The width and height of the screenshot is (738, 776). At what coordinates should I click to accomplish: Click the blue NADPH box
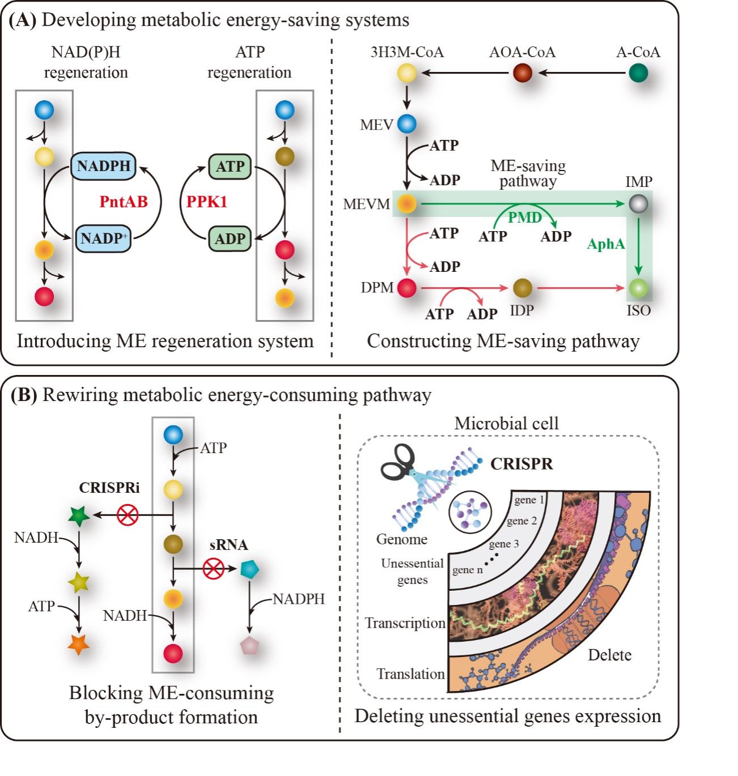coord(104,166)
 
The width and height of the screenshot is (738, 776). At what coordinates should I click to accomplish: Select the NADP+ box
coord(103,238)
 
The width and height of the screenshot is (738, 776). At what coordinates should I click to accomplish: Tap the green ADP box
coord(230,238)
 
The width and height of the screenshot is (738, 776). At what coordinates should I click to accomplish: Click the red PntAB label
coord(123,202)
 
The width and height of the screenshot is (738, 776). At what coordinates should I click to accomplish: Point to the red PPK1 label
coord(207,202)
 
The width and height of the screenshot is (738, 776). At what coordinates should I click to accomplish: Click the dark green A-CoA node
coord(638,73)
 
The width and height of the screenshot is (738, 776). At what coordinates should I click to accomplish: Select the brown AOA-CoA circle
coord(522,73)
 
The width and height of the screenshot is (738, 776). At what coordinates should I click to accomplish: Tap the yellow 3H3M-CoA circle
coord(406,73)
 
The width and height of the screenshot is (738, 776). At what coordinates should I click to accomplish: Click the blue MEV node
coord(406,124)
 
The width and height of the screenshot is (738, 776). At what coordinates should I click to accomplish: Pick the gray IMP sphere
coord(638,204)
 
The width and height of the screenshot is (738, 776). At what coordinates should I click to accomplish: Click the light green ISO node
coord(638,288)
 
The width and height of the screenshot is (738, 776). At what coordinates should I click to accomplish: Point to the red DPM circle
coord(406,288)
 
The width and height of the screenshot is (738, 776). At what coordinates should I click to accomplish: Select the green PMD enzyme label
coord(524,218)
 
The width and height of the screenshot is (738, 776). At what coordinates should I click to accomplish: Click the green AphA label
coord(606,244)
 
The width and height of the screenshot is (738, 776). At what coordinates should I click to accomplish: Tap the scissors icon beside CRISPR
coord(399,463)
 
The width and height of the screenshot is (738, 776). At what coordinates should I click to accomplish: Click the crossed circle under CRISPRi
coord(128,515)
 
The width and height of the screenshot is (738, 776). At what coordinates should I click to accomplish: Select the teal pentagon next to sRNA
coord(249,569)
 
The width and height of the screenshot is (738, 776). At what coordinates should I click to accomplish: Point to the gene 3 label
coord(503,544)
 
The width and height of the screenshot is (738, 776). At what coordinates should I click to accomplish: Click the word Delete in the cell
coord(609,655)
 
